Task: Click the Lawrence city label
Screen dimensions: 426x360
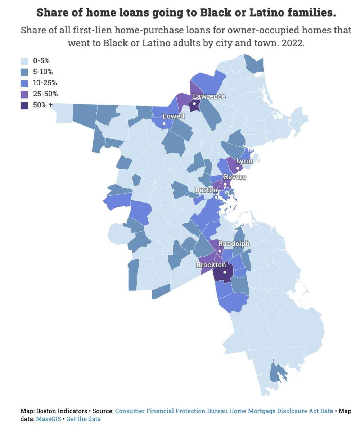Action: coord(209,96)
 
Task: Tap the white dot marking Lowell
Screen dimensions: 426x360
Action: coord(164,124)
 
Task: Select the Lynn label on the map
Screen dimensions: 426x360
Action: coord(244,161)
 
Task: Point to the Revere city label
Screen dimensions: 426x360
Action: coord(235,177)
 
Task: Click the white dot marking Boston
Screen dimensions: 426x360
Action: coord(216,197)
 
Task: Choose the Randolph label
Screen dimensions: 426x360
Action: coord(234,244)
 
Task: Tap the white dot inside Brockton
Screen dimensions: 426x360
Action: coord(225,272)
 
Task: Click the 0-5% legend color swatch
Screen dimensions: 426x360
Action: coord(24,61)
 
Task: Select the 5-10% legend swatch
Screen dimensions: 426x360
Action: coord(24,72)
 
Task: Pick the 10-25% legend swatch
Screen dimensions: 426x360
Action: coord(24,83)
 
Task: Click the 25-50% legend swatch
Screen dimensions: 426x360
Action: coord(24,94)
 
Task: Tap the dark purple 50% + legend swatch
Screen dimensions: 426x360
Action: coord(24,105)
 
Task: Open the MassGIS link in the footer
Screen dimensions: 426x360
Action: coord(48,419)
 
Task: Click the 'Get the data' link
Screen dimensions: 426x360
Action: coord(84,419)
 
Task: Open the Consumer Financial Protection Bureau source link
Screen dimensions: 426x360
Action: coord(224,411)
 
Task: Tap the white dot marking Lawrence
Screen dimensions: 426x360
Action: coord(194,104)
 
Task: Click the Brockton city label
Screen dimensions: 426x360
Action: coord(211,265)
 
